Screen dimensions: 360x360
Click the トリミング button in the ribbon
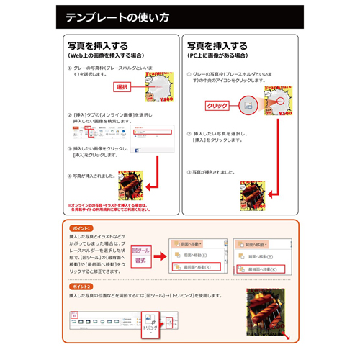coord(150,325)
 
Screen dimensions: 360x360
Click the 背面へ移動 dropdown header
coord(256,244)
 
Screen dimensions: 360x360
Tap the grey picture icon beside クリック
coord(247,105)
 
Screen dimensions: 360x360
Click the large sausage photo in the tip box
coord(266,312)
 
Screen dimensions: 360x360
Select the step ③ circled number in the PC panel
coord(189,173)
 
